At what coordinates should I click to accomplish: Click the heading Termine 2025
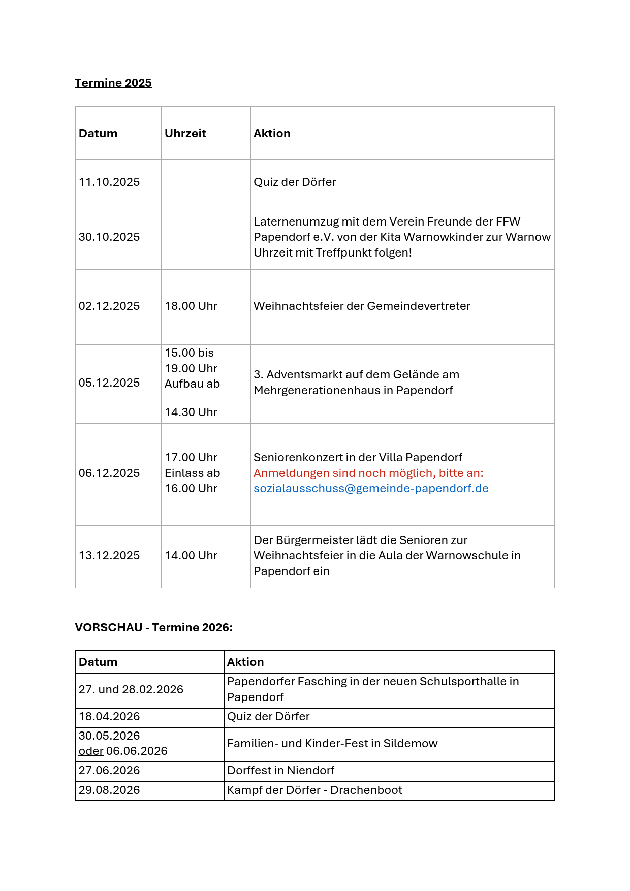[113, 83]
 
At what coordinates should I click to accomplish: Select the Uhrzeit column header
[185, 133]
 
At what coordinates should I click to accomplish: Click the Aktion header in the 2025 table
[272, 133]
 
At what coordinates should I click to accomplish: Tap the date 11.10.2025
[109, 182]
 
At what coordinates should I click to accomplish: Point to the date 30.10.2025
[109, 237]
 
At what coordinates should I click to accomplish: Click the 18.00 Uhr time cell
[191, 306]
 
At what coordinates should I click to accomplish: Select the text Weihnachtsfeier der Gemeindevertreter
[361, 306]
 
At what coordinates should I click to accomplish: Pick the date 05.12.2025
[109, 383]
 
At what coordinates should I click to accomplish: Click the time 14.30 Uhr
[191, 412]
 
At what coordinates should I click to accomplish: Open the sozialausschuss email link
[371, 488]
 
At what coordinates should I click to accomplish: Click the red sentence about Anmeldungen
[368, 473]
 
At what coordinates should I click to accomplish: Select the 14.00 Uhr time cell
[191, 555]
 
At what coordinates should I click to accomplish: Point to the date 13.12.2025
[109, 555]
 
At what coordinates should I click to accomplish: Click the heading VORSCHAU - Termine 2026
[153, 627]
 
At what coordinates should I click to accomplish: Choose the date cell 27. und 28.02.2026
[131, 689]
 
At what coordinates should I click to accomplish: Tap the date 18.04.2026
[109, 716]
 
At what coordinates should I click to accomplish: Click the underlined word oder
[91, 751]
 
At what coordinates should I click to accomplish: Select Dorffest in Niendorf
[280, 770]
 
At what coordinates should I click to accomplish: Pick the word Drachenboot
[366, 790]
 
